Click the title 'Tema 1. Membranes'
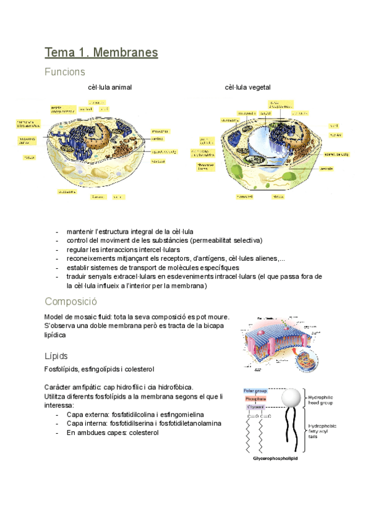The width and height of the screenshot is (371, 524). pos(101,53)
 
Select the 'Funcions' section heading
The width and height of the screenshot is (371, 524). pos(64,72)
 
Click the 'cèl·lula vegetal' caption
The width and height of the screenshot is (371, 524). pos(247,88)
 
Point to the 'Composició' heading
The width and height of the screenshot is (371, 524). pos(71,302)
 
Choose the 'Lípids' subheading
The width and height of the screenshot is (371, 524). pos(56,357)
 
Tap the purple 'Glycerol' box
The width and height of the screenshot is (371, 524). pos(255,407)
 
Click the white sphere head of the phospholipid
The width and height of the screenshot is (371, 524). pos(294,397)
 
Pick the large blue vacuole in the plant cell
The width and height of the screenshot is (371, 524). pos(262,147)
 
